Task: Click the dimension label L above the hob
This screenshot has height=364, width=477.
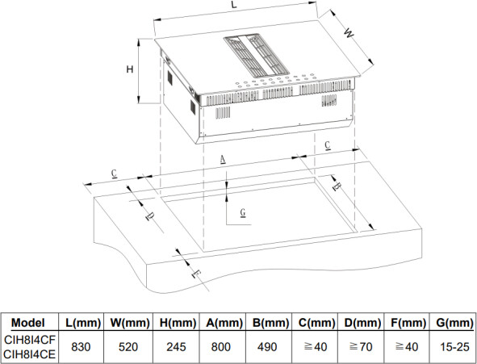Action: tap(233, 5)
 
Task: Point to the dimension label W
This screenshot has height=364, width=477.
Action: tap(349, 33)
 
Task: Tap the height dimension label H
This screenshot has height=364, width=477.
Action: tap(130, 69)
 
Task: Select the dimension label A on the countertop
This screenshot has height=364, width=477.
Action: tap(223, 159)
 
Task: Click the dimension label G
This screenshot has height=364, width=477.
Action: tap(243, 212)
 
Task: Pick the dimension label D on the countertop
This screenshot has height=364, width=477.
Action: tap(150, 216)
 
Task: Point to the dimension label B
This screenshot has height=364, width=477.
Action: tap(336, 186)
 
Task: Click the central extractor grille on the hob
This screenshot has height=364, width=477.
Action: tap(256, 55)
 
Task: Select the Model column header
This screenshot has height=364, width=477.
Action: tap(28, 323)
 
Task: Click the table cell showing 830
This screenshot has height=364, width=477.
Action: tap(81, 347)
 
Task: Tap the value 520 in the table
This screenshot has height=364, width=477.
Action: tap(128, 347)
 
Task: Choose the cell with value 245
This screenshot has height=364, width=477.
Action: tap(176, 347)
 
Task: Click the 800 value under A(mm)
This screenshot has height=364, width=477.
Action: tap(220, 347)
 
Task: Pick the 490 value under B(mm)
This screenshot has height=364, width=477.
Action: tap(267, 347)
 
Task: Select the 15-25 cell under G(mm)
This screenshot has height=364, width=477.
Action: tap(454, 347)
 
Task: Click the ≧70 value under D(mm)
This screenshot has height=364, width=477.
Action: tap(361, 347)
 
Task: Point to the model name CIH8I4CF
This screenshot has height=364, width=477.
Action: tap(30, 340)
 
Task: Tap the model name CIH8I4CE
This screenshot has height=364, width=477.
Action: tap(30, 354)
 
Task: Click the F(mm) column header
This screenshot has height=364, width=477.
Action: tap(408, 323)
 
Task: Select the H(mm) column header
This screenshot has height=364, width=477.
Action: tap(178, 323)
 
